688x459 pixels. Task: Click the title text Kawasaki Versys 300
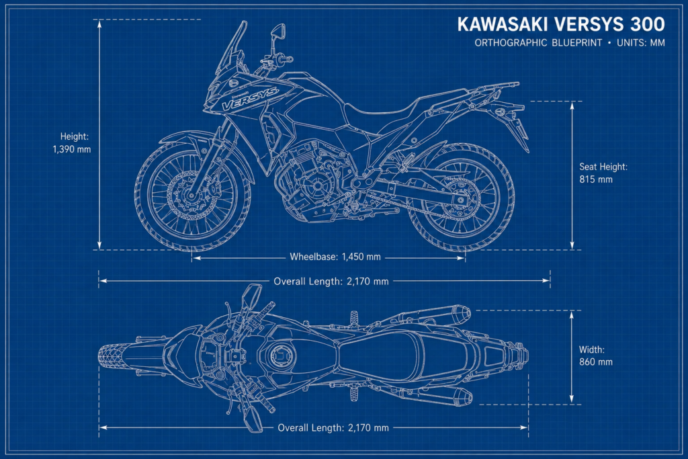(x=561, y=24)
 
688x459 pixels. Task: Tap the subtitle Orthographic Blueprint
(x=538, y=43)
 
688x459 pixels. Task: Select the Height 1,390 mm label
(x=72, y=143)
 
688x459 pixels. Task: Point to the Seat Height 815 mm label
(x=603, y=173)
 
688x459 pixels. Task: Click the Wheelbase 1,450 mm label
(x=335, y=257)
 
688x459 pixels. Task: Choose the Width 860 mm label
(x=595, y=356)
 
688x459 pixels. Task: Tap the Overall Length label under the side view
(x=331, y=282)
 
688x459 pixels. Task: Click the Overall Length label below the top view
(x=333, y=428)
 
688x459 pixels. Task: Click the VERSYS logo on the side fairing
(x=249, y=99)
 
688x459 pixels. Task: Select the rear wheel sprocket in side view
(x=459, y=200)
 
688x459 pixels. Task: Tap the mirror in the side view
(x=278, y=31)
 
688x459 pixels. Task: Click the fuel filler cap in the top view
(x=279, y=355)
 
